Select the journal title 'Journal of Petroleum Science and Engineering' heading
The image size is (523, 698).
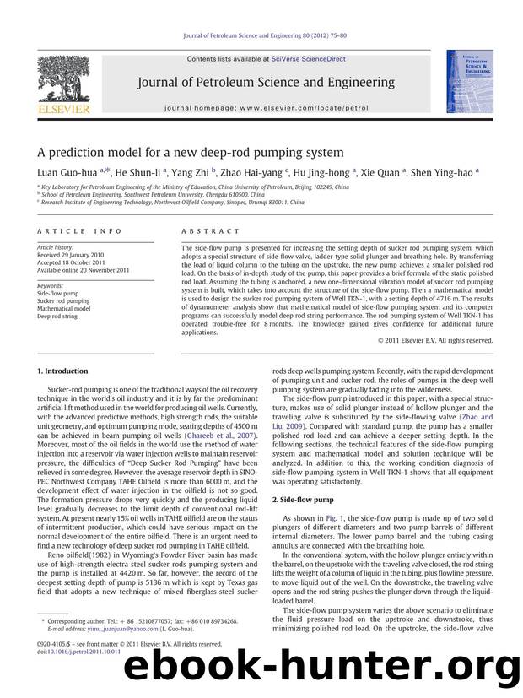pyautogui.click(x=262, y=83)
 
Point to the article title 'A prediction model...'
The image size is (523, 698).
pyautogui.click(x=191, y=152)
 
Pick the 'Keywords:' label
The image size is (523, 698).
pyautogui.click(x=52, y=286)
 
